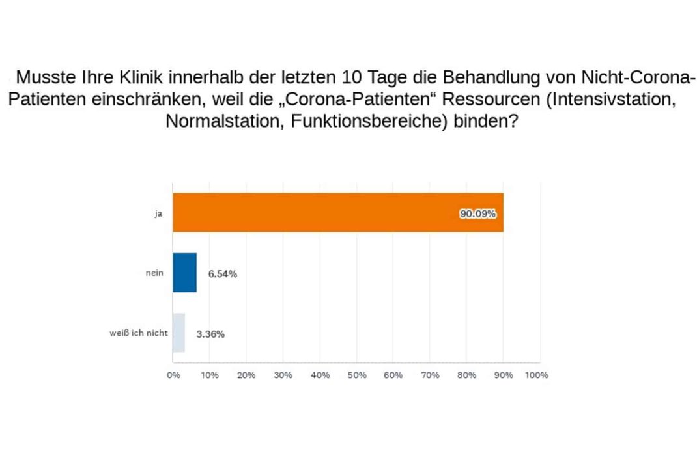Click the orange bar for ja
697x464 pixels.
337,212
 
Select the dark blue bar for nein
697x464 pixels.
184,273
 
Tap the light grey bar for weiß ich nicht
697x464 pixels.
178,333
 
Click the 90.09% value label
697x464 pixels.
478,213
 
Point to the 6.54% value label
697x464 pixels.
222,274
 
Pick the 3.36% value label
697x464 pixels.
210,334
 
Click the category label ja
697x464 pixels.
158,213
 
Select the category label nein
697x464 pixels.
154,273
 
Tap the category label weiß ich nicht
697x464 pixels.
139,333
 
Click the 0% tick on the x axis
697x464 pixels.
173,375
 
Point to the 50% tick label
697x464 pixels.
357,375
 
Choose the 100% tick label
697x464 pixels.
537,375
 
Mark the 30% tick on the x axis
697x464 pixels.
283,375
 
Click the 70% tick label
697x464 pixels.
430,375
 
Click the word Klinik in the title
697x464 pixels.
140,77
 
